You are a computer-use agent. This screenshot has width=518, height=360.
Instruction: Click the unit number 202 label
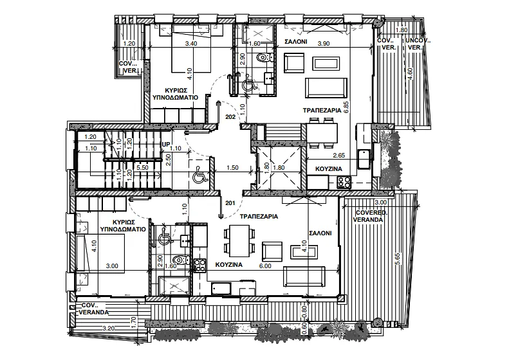230,116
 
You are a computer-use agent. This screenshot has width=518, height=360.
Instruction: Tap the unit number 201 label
230,203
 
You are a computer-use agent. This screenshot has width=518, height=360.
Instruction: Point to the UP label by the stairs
166,145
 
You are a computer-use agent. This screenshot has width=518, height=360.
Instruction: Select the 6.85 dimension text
346,107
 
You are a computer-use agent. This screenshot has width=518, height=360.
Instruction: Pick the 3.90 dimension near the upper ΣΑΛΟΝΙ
324,44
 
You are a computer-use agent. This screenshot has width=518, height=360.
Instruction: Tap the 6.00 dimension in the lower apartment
265,265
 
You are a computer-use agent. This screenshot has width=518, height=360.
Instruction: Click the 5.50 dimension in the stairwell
142,168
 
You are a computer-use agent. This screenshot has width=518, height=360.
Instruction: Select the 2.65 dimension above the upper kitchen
339,156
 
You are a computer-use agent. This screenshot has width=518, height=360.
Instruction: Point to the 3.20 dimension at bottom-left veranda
109,328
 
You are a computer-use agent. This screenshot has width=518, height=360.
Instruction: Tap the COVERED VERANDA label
369,216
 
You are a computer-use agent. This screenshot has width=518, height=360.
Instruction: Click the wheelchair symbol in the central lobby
200,175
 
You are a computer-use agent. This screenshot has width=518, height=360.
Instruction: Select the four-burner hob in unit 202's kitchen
344,182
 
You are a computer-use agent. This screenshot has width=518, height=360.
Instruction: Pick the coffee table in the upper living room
326,64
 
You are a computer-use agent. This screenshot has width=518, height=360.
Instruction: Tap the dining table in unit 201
239,241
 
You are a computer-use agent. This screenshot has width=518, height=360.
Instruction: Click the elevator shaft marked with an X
279,168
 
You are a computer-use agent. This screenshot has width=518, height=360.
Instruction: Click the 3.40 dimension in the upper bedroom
192,44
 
